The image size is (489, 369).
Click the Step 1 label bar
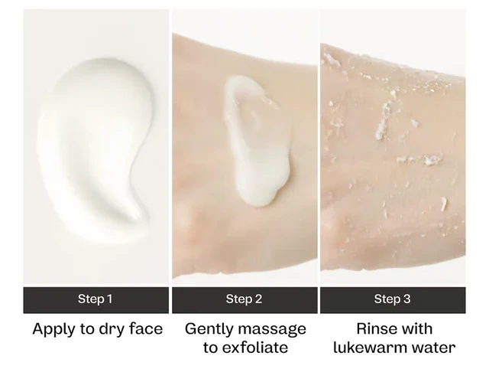(x=96, y=300)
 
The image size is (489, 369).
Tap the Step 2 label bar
(x=244, y=300)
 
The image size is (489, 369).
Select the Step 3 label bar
(x=393, y=300)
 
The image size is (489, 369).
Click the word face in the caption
(x=146, y=328)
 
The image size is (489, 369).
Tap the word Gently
(x=209, y=330)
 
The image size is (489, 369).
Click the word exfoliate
(x=254, y=347)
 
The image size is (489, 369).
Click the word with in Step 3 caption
(x=415, y=328)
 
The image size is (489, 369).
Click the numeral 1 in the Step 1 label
(x=109, y=299)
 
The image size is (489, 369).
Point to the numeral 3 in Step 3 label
(x=406, y=299)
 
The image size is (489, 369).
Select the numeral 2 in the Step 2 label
(x=258, y=299)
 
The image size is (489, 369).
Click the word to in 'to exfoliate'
(x=210, y=348)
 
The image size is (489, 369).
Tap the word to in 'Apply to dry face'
(x=86, y=329)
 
